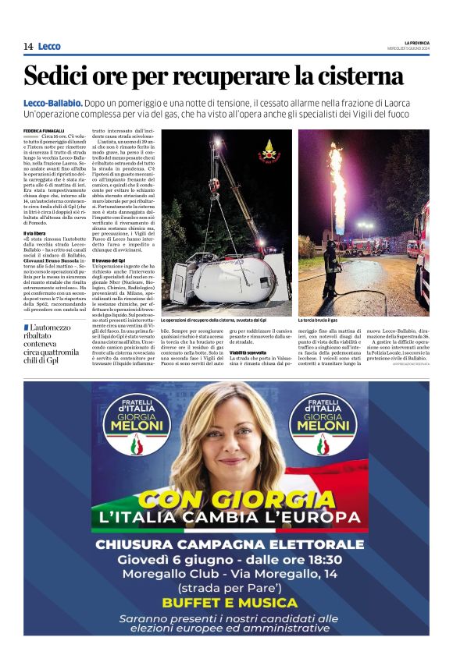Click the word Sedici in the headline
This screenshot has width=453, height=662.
(62, 76)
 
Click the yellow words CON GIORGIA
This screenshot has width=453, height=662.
(226, 499)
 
